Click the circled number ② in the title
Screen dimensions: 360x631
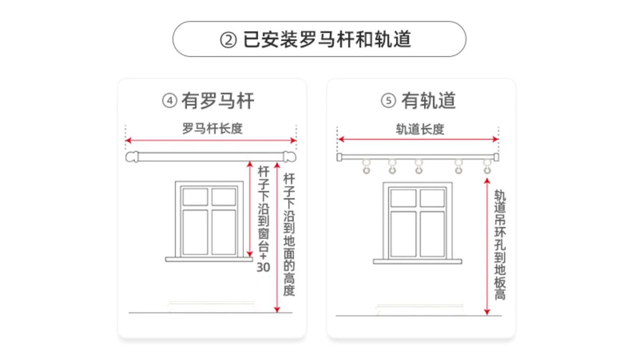pos(228,40)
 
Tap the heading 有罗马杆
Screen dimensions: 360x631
pos(218,101)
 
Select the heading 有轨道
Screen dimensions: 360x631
pos(428,101)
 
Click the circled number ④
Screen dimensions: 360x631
pos(169,101)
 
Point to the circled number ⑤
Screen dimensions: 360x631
pos(388,101)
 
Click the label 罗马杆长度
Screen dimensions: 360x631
pos(212,129)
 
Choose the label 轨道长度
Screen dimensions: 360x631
pos(420,129)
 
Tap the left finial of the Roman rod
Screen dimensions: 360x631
pos(132,157)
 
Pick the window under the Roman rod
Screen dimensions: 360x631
pos(209,219)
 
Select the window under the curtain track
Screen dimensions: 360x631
pos(417,222)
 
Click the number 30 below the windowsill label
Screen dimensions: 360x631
pos(263,266)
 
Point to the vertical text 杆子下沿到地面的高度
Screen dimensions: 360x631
pos(289,234)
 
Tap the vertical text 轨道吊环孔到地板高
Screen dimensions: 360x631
pos(500,245)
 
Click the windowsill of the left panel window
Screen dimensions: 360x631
pos(209,259)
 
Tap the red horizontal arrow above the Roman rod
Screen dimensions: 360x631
pos(211,140)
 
